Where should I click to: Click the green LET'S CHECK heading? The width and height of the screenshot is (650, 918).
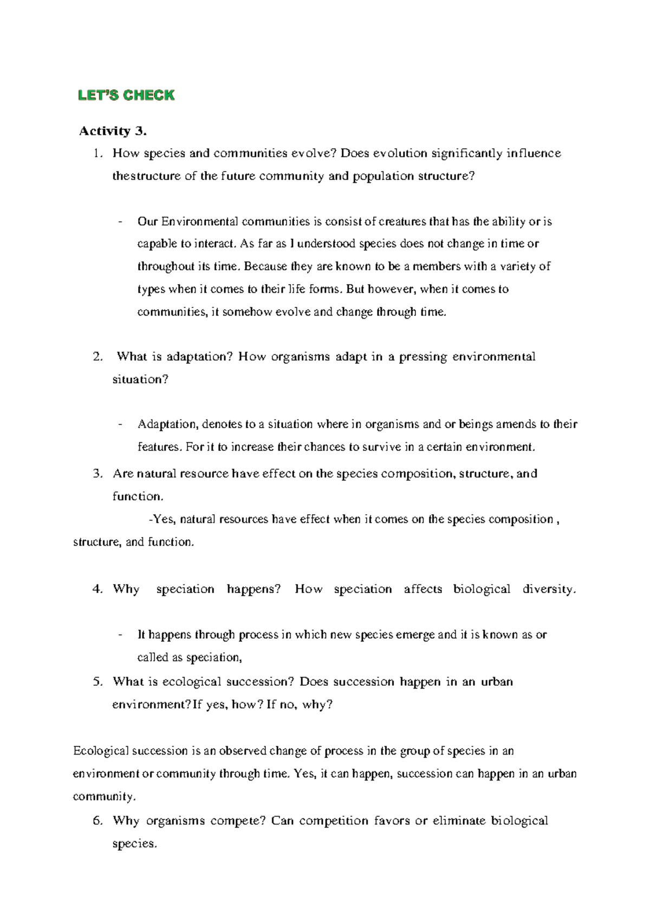(126, 96)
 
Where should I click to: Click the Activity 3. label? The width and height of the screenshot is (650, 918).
(113, 131)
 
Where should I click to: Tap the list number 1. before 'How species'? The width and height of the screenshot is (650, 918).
(97, 154)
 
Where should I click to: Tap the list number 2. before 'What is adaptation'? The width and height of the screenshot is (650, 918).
(97, 357)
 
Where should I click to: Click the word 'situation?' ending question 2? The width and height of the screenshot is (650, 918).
(140, 379)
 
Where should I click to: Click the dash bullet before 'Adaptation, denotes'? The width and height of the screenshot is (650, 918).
(120, 424)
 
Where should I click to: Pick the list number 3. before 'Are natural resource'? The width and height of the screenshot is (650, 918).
(97, 474)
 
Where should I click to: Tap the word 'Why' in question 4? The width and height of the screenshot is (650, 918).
(126, 589)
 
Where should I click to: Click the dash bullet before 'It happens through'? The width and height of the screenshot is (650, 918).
(120, 635)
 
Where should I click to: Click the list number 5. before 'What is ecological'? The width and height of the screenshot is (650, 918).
(97, 682)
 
